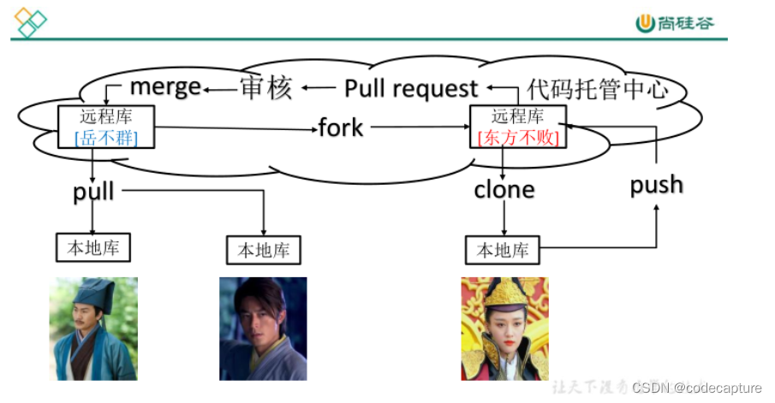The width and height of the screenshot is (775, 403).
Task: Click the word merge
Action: coord(165,86)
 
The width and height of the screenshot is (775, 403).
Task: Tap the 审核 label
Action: coord(265,87)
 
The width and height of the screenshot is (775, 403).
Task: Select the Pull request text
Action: coord(411,88)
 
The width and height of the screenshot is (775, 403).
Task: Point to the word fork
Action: coord(341,128)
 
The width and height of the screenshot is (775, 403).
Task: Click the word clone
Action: coord(504,189)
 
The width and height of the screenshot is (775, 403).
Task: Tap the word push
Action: coord(656,185)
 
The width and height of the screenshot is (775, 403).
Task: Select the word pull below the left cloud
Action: coord(93,190)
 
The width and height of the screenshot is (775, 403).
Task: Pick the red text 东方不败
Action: coord(518,138)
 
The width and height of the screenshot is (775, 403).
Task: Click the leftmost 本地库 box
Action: coord(93,248)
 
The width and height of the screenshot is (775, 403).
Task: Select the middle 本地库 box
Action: coord(264,250)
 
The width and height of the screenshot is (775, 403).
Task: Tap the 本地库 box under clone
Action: coord(503,250)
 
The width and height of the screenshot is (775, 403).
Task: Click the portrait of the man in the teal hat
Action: coord(93,328)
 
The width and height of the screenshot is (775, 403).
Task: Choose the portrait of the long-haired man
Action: coord(263,328)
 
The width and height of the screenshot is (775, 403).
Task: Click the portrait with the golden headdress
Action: coord(504,328)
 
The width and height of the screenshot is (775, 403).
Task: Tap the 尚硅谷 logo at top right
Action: coord(674,23)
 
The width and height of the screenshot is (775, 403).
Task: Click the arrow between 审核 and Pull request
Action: coord(318,86)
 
